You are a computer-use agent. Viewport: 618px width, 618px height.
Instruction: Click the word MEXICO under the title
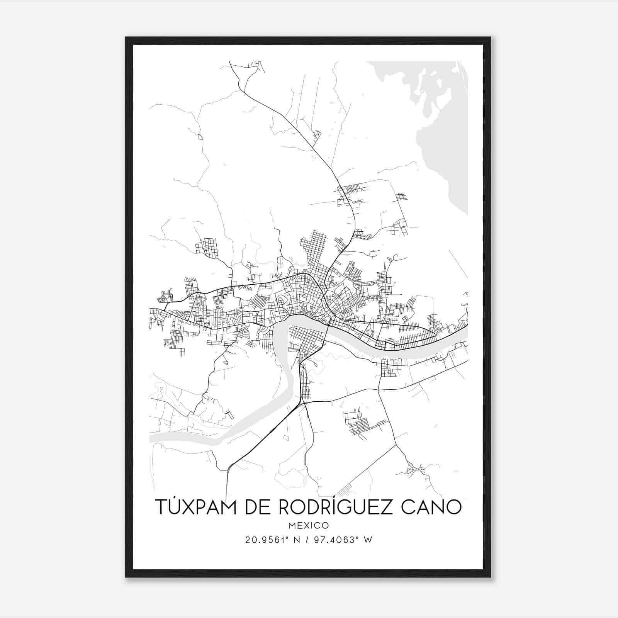click(308, 526)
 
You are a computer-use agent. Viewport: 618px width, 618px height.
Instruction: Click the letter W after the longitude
click(368, 540)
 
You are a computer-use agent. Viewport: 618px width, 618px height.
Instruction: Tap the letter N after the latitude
click(297, 540)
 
